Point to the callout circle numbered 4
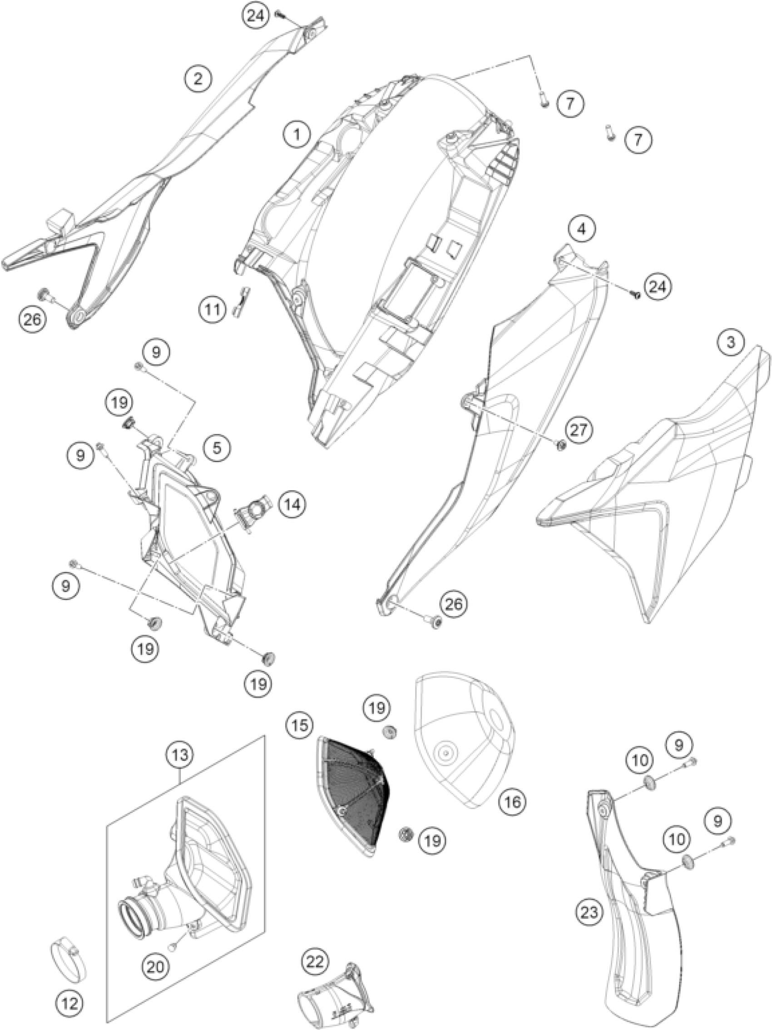click(580, 228)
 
